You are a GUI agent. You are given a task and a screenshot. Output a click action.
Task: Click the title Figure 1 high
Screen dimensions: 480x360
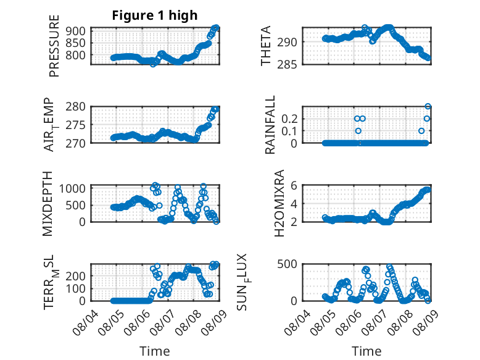point(155,15)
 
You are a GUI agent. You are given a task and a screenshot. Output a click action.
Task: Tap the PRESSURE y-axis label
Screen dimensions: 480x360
point(54,46)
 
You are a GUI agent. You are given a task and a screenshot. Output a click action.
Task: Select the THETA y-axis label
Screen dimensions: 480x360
point(266,46)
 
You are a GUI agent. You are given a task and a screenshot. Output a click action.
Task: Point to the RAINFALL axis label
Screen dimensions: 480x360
point(270,125)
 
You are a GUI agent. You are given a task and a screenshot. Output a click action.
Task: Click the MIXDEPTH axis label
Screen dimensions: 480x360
point(48,204)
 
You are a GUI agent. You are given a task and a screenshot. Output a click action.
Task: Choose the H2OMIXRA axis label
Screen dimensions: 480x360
point(279,203)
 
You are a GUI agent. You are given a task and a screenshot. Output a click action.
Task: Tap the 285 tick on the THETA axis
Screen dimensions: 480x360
point(287,64)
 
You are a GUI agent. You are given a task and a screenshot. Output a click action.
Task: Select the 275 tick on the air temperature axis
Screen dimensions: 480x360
point(75,125)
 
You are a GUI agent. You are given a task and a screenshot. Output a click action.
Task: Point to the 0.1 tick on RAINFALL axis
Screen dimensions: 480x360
point(289,131)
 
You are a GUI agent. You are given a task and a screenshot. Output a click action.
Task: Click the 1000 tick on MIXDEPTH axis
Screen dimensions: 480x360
point(72,188)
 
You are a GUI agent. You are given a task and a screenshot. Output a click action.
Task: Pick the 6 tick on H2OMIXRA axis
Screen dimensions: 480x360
point(294,185)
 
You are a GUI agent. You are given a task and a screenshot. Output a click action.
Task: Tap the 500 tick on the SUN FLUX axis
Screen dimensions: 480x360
point(287,264)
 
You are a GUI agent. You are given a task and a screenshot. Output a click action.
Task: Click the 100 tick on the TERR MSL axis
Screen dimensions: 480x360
point(75,288)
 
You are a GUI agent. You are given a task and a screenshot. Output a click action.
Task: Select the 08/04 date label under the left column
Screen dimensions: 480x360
point(85,322)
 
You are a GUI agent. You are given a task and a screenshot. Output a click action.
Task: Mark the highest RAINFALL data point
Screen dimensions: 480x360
point(428,107)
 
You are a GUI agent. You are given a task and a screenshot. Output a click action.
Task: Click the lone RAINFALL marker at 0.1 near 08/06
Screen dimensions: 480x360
point(358,131)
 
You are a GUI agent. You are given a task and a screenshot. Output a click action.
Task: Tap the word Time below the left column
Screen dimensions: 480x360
point(155,351)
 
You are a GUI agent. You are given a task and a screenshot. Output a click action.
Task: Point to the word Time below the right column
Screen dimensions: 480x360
point(366,351)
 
